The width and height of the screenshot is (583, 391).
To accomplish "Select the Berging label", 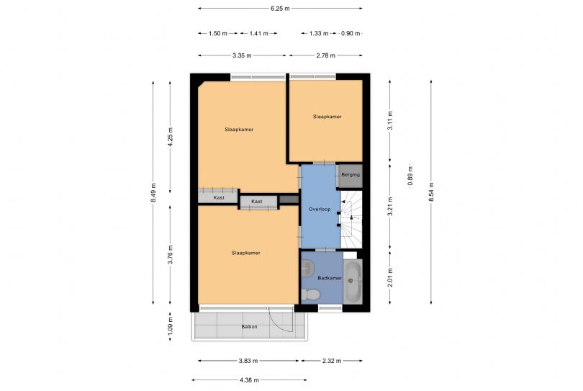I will (350, 175).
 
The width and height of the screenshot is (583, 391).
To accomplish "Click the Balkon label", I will (249, 327).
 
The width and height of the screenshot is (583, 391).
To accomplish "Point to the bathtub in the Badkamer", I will (353, 282).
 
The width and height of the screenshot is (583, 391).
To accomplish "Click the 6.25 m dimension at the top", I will (280, 9).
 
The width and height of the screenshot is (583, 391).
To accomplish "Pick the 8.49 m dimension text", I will (153, 192).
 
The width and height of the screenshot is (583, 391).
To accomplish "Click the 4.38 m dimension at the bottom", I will (249, 380).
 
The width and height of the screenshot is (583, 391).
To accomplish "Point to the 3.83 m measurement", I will (249, 361).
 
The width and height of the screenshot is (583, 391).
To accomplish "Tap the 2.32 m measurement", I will (332, 361).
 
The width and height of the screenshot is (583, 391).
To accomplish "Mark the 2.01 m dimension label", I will (390, 277).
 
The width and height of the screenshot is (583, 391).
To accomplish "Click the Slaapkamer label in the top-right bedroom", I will (327, 116).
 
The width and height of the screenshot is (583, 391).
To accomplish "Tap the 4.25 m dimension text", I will (171, 138).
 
